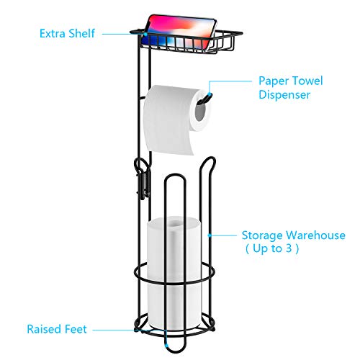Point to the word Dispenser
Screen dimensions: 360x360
pos(284,95)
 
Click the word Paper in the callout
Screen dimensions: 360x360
pos(272,81)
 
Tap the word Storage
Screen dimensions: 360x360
pos(263,235)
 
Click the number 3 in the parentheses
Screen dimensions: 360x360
pos(289,248)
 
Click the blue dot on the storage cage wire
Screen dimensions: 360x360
pos(210,235)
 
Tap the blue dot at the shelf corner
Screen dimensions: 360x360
pos(145,34)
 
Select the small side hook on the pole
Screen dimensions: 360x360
pos(142,179)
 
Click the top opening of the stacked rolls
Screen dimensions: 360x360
pos(175,222)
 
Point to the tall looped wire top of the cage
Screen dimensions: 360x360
pos(207,161)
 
